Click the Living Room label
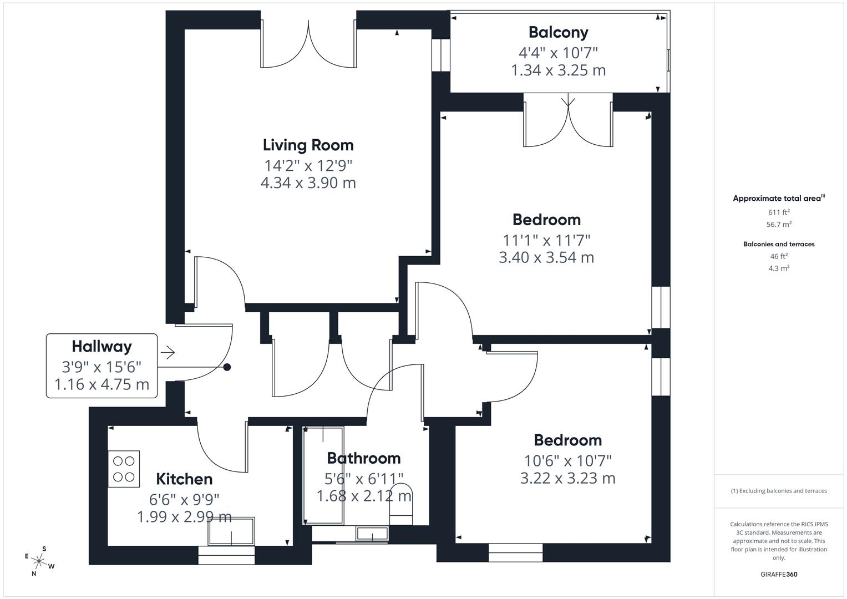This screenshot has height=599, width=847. tap(308, 145)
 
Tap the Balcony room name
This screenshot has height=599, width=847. tap(558, 33)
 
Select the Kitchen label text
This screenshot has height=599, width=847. tap(184, 479)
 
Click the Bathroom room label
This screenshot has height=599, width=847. tap(363, 458)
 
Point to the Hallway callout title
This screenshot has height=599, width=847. tap(102, 347)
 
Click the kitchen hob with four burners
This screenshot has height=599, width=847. tap(124, 469)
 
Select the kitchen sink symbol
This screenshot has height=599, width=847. tap(231, 532)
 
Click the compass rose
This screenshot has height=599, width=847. tap(39, 561)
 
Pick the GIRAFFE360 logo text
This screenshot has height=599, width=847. tap(779, 575)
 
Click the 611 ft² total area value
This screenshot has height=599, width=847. tap(779, 212)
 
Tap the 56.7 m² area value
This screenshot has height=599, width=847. tap(779, 225)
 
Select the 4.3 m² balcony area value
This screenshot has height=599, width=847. tap(779, 268)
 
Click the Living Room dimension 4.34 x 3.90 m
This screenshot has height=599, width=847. tap(308, 183)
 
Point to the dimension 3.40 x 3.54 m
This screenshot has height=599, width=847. tap(546, 258)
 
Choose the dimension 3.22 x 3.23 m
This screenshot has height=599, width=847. tap(567, 478)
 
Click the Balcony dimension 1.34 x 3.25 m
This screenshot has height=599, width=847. tap(558, 70)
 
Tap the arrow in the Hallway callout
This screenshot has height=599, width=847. tap(168, 352)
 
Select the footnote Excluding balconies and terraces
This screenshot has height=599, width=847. tap(779, 491)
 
